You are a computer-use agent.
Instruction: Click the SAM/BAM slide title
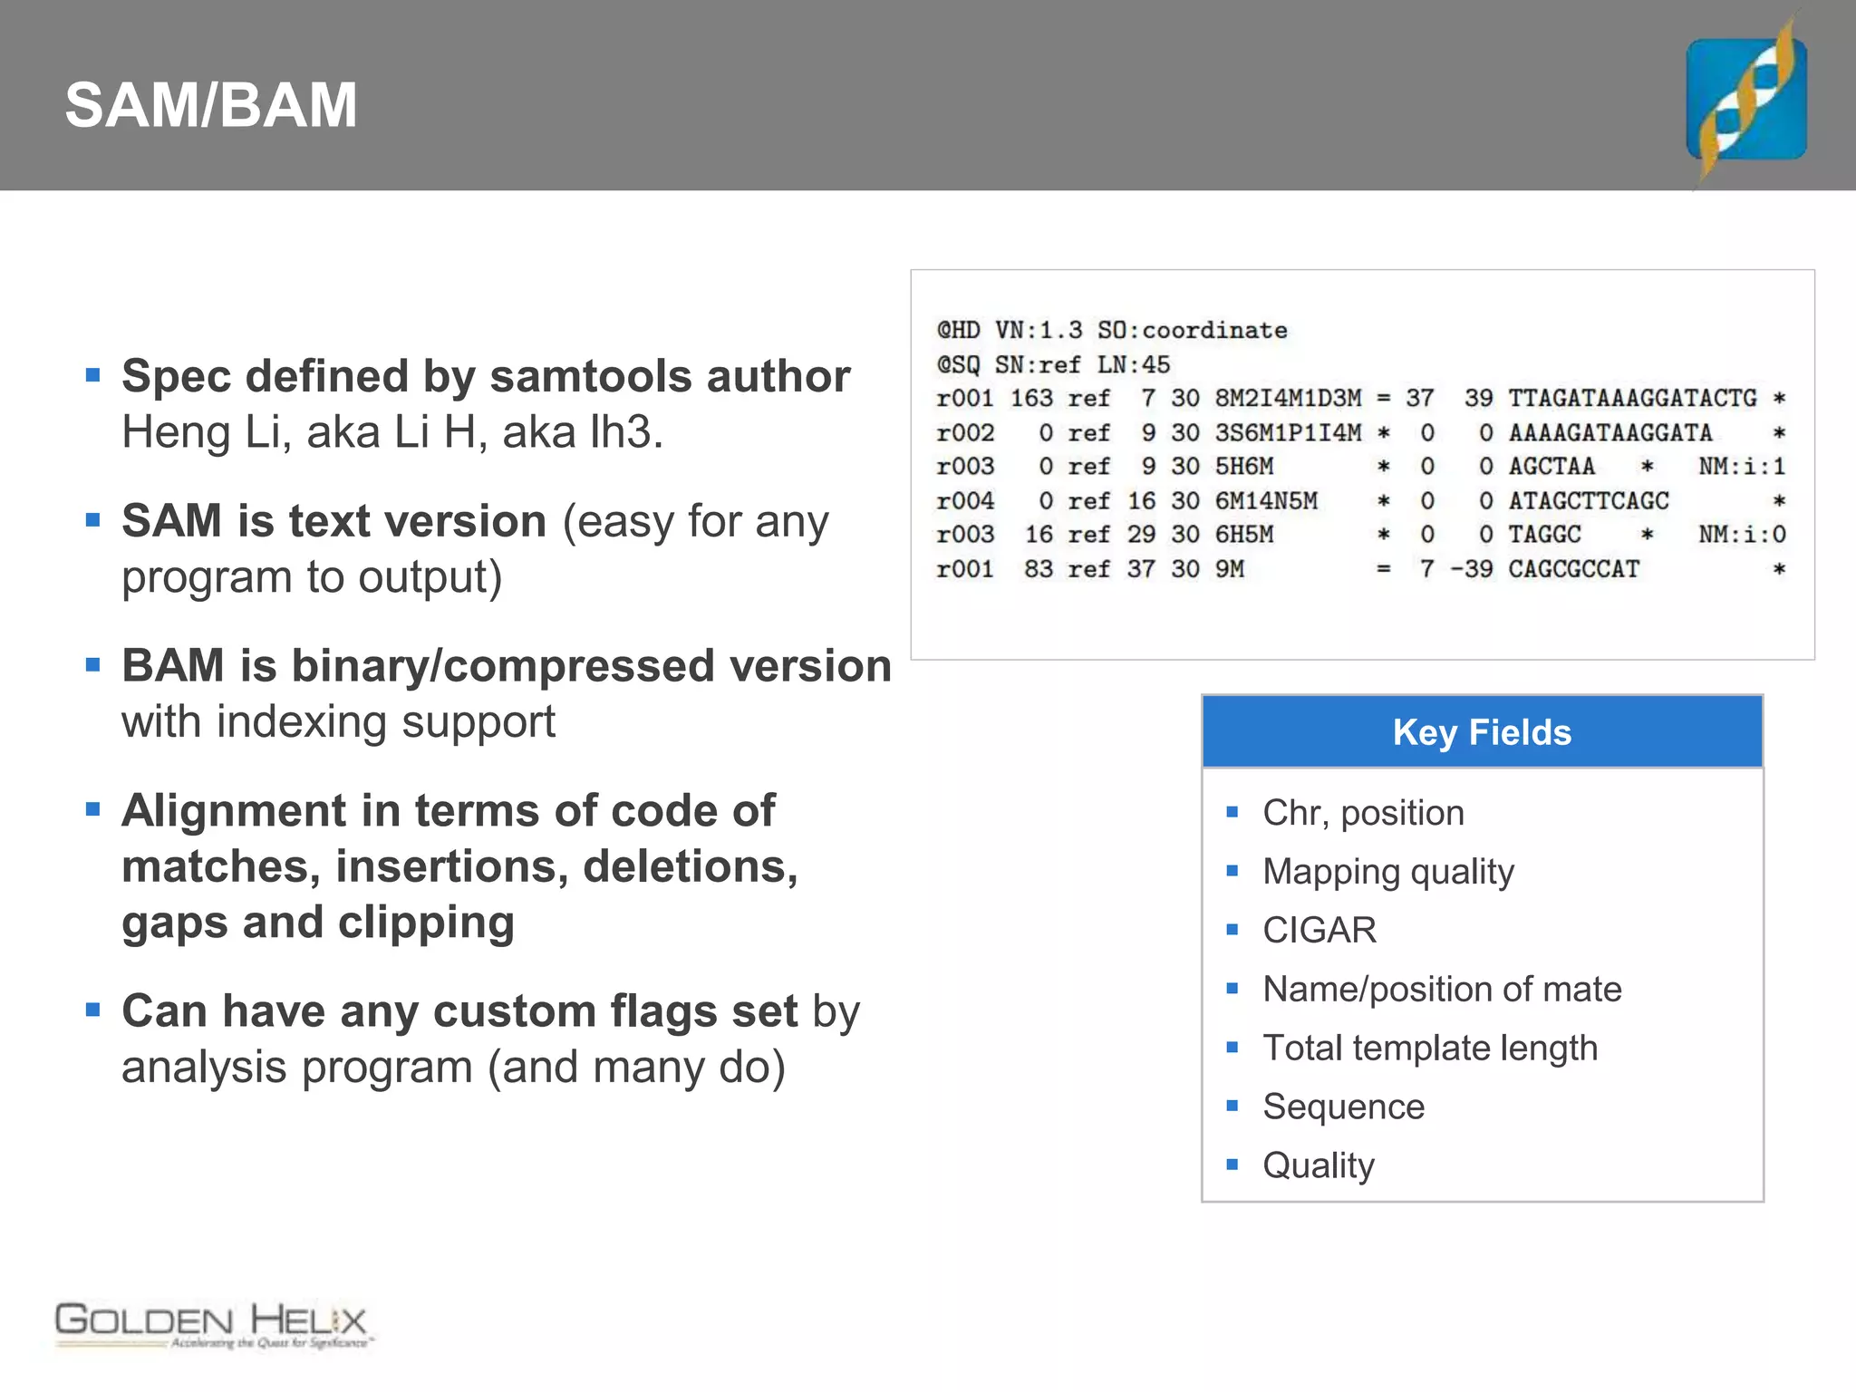[211, 105]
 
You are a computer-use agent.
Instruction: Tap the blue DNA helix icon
[1746, 99]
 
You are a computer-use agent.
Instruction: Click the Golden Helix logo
[213, 1325]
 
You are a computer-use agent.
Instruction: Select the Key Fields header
[1482, 732]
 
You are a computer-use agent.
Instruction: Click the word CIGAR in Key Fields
[1319, 931]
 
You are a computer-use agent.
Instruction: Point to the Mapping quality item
[1388, 872]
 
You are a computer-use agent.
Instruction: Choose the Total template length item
[1430, 1049]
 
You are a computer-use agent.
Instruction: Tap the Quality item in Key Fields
[1319, 1165]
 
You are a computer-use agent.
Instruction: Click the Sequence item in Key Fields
[1343, 1107]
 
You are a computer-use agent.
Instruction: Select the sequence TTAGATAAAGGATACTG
[1632, 399]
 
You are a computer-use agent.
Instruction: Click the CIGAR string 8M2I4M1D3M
[1288, 399]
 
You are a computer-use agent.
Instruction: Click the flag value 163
[1031, 399]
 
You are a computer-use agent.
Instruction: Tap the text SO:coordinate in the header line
[1192, 331]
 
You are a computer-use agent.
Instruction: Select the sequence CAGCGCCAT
[1574, 570]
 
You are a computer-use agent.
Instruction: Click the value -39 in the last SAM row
[1472, 570]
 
